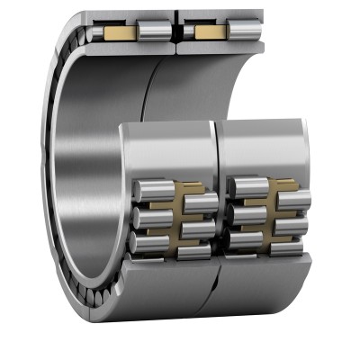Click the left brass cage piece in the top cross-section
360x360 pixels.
pos(120,33)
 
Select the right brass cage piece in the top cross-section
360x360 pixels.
pos(211,31)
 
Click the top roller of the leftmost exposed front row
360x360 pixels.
pos(149,188)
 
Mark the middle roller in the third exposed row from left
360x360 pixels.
pos(247,216)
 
